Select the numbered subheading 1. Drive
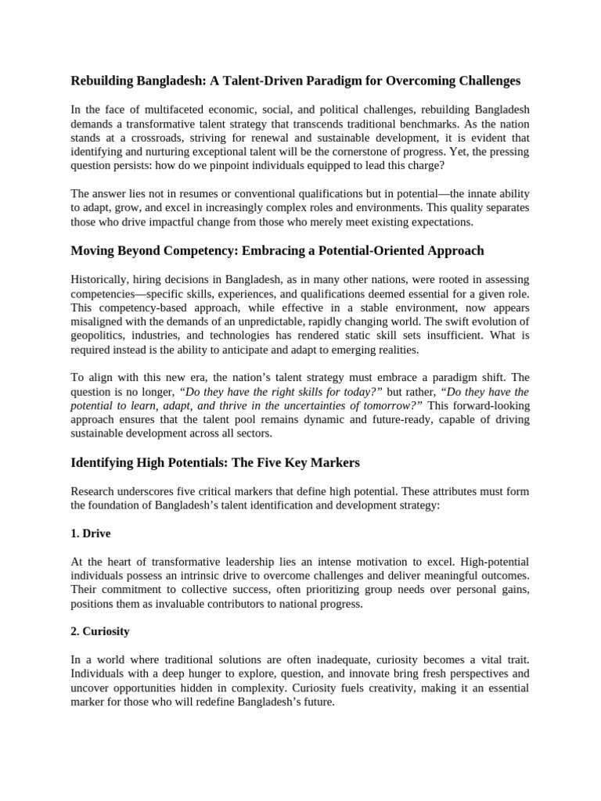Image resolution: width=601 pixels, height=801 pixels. pos(91,533)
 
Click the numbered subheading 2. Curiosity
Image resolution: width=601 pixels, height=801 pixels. pos(100,632)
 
